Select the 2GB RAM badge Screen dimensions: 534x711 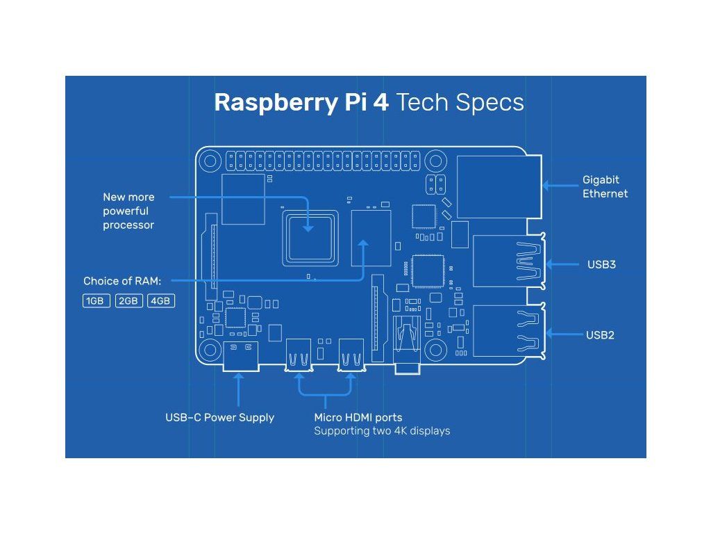pos(129,301)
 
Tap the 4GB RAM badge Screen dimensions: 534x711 pos(161,301)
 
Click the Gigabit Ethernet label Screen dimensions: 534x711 pos(605,187)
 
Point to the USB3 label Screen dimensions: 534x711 pos(601,264)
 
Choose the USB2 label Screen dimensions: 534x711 pos(600,335)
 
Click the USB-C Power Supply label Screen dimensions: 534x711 pos(219,418)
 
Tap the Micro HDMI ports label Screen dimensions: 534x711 pos(358,418)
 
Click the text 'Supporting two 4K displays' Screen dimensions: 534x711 pos(382,431)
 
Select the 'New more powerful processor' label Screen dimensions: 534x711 pos(129,211)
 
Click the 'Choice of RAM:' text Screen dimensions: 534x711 pos(122,282)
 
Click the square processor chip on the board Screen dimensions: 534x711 pos(310,237)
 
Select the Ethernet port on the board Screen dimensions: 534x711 pos(499,185)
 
